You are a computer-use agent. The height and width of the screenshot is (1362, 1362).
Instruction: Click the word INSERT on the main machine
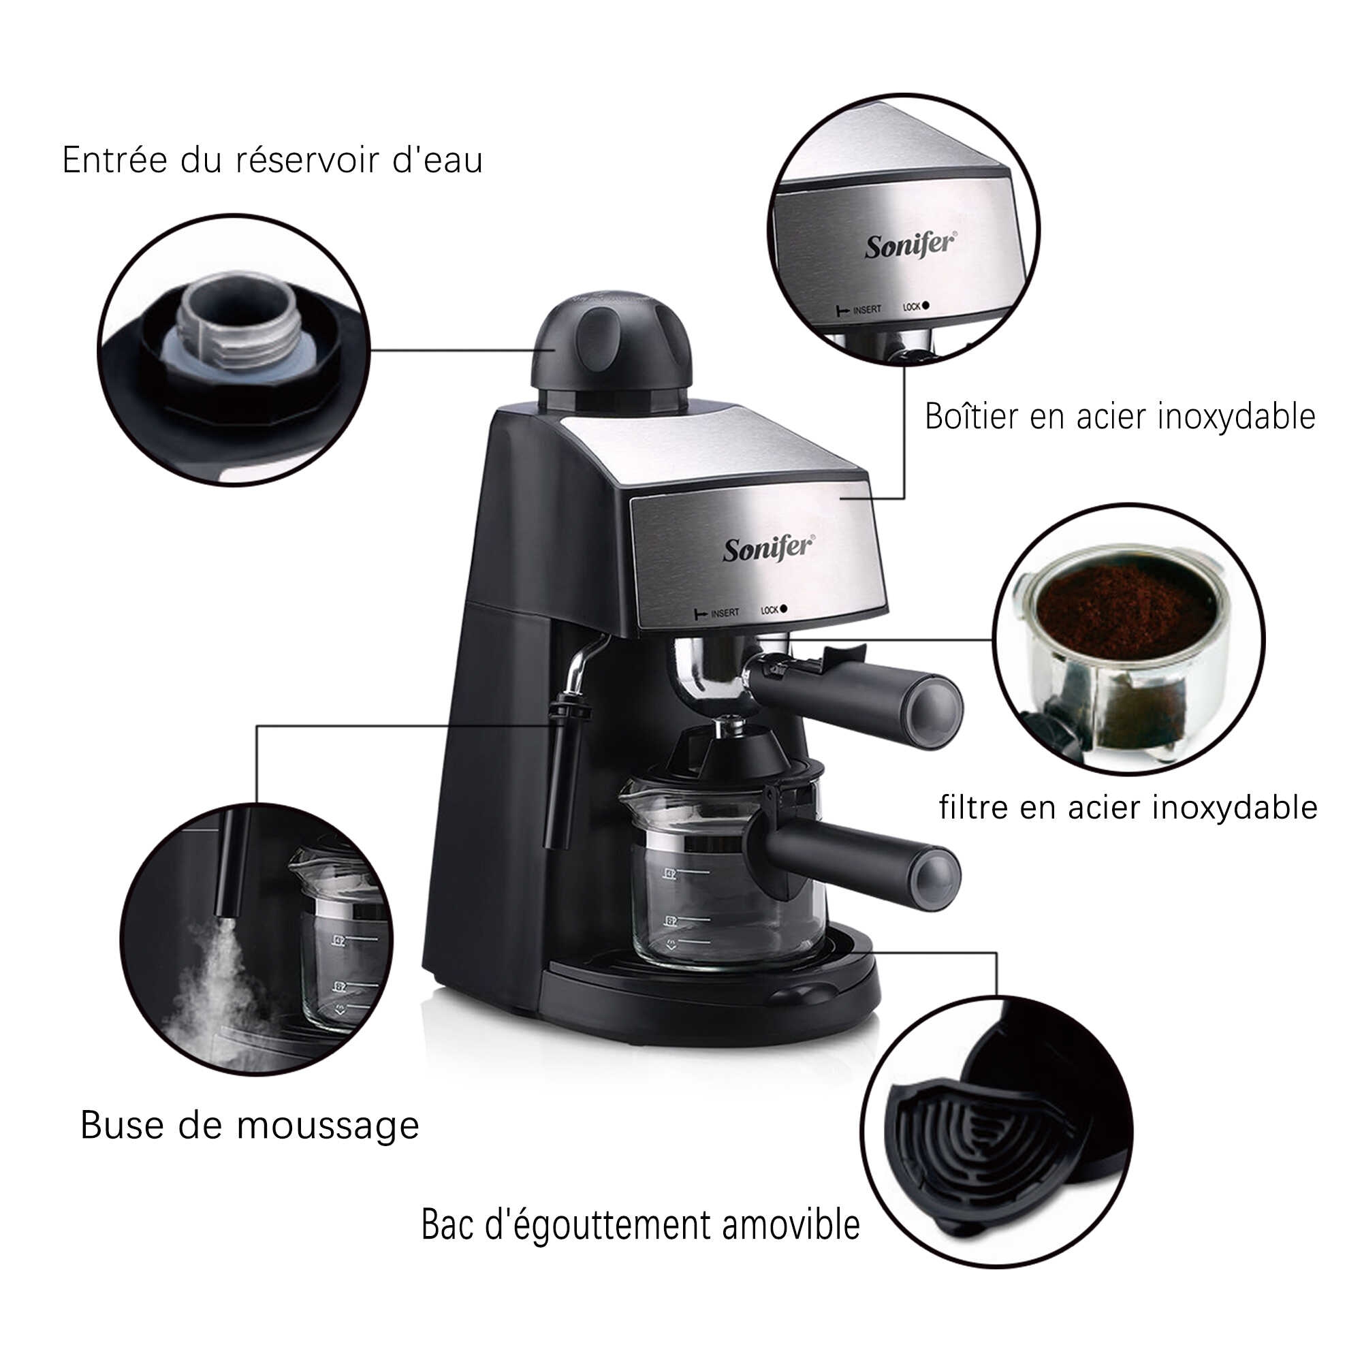(724, 613)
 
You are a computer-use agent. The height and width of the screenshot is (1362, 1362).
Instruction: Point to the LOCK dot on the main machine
(783, 609)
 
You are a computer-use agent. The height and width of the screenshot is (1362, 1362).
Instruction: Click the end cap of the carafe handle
(935, 879)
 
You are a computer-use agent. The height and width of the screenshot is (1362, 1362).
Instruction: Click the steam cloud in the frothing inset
(212, 987)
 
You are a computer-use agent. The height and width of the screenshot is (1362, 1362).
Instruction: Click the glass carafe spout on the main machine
(631, 797)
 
